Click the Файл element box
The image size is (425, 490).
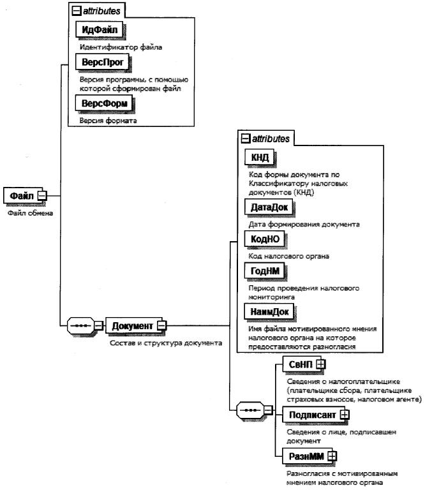click(x=21, y=195)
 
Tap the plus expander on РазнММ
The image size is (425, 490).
click(x=332, y=456)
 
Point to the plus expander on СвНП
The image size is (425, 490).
click(x=321, y=363)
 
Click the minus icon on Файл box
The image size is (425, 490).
click(x=42, y=195)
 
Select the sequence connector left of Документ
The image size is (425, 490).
click(x=80, y=326)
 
